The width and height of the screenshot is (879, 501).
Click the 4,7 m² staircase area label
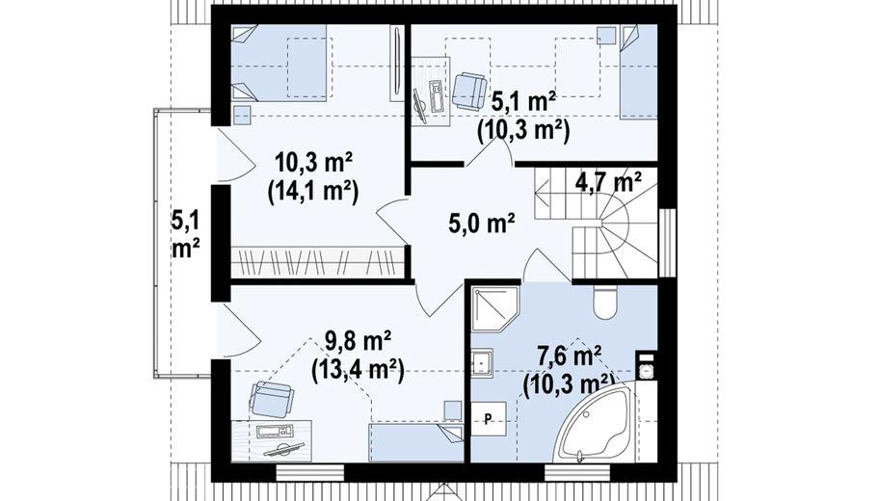pos(608,183)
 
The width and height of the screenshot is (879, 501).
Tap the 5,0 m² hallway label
pos(482,224)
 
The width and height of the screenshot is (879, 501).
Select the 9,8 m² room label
pos(359,341)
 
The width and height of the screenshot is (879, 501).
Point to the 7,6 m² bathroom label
pos(569,356)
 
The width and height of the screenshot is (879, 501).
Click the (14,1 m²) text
pos(313,192)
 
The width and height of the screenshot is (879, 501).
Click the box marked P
pos(489,418)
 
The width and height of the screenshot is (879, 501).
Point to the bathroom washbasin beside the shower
pos(482,361)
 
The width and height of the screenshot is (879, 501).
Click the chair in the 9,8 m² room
pos(272,399)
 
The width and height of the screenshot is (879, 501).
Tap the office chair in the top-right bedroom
pos(469,92)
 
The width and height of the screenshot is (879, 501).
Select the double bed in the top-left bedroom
pos(279,63)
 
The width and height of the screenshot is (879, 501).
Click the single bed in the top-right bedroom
pos(638,72)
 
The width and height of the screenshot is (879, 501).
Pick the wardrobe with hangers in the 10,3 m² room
pos(318,262)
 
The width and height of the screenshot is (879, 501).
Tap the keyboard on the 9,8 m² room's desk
pos(275,432)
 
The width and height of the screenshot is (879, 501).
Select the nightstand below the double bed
pos(242,115)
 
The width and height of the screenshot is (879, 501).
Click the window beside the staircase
pos(667,243)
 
